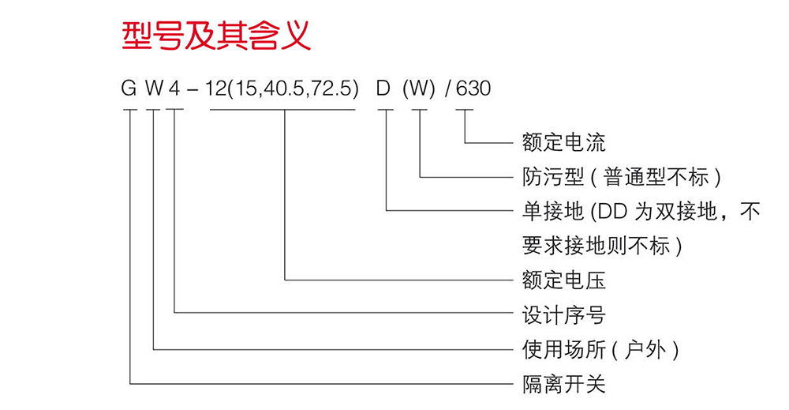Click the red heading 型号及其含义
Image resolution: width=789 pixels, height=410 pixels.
click(216, 36)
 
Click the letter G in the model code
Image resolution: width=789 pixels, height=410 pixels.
click(129, 88)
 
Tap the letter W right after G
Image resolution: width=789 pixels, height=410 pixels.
click(154, 88)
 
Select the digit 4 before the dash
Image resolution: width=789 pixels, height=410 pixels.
click(174, 88)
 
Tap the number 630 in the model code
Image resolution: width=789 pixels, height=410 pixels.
click(473, 88)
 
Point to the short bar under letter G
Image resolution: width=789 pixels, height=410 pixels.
click(129, 111)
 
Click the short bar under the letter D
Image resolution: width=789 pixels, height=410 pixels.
click(386, 111)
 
